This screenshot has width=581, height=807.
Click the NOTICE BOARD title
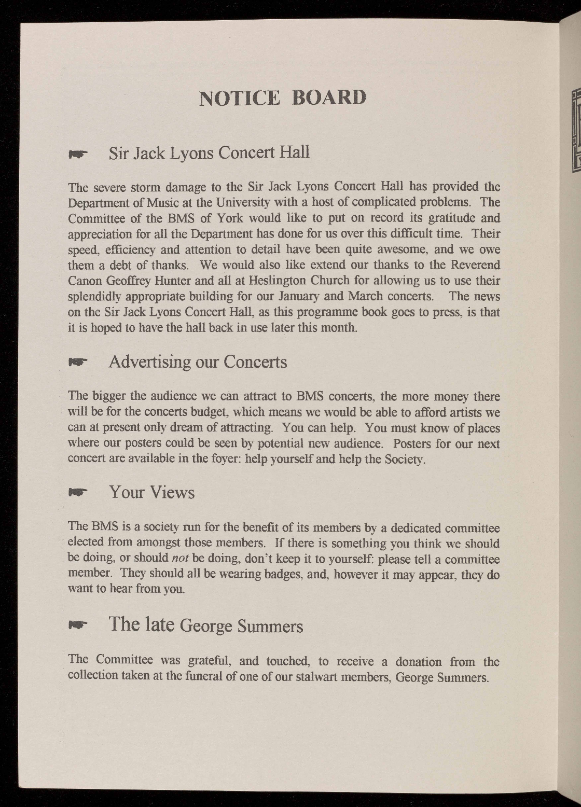click(x=283, y=98)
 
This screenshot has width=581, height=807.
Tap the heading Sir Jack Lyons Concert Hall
click(x=209, y=152)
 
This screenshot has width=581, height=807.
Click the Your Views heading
click(x=151, y=492)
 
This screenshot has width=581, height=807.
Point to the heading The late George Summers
click(x=205, y=624)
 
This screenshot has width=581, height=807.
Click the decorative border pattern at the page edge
click(x=575, y=130)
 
